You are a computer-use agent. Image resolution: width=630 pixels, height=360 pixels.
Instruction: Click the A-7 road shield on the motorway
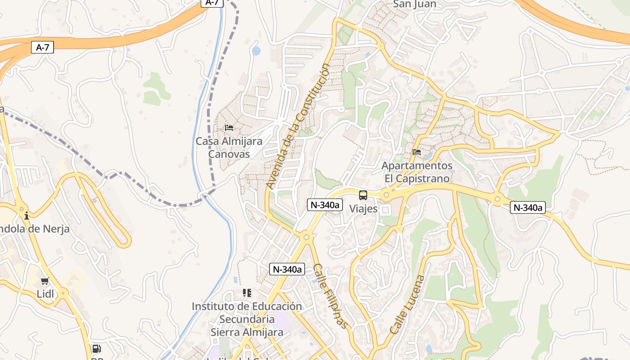click(42, 47)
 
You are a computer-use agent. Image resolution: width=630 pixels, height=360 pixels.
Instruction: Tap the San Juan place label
click(414, 4)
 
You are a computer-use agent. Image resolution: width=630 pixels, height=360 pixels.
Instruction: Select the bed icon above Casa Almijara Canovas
click(229, 128)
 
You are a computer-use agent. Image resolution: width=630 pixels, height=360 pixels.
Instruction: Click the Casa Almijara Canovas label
click(229, 148)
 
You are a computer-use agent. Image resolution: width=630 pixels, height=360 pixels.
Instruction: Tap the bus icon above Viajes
click(363, 195)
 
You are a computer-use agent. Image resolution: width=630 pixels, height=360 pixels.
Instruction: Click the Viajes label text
click(363, 209)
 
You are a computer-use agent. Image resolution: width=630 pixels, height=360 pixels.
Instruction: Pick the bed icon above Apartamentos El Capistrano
click(417, 152)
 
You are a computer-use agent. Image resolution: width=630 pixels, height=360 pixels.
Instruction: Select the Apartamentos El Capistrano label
click(417, 172)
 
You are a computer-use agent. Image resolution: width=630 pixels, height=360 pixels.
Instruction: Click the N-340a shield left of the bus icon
click(324, 205)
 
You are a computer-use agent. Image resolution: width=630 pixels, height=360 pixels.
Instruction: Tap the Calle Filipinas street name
click(331, 296)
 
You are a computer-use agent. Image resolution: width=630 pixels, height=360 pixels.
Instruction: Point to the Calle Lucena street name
click(407, 304)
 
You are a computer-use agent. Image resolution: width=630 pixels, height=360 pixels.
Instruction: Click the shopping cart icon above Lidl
click(45, 281)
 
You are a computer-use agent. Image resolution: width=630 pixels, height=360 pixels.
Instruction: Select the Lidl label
click(45, 294)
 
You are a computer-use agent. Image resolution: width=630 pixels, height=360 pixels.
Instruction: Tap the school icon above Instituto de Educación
click(247, 293)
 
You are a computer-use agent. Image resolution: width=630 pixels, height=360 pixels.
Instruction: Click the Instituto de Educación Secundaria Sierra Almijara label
click(247, 319)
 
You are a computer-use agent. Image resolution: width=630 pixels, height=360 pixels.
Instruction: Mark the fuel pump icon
click(96, 348)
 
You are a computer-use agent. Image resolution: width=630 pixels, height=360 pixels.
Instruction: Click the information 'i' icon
click(27, 216)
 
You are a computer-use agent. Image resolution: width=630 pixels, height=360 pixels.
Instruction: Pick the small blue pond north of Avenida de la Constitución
click(256, 51)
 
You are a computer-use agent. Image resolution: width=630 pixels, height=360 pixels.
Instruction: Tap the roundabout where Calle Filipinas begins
click(306, 237)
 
